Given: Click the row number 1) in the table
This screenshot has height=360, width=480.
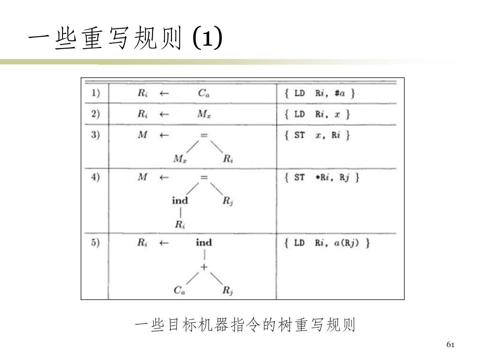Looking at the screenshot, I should [96, 93].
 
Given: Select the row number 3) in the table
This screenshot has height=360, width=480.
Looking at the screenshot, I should [96, 135].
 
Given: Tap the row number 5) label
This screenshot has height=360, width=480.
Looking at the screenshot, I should [96, 242].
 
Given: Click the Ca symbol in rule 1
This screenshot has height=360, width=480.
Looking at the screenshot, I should [204, 93].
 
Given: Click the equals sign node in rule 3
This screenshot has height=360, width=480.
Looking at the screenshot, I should [204, 135].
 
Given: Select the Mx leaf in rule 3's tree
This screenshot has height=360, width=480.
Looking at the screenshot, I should [180, 159].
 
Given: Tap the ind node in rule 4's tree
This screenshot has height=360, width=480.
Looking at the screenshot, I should [180, 201].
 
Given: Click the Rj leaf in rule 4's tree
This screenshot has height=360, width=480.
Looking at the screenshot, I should [228, 201].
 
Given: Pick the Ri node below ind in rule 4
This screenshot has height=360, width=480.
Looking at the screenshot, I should [180, 225].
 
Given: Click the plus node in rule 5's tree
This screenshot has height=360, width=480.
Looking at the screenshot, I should [204, 267].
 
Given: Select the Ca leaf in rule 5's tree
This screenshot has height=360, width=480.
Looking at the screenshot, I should [180, 291].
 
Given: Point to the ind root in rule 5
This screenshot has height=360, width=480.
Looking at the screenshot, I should [204, 242].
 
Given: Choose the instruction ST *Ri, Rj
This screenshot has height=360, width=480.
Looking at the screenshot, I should [322, 177].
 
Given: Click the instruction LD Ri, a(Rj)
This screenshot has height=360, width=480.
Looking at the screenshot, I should [327, 243].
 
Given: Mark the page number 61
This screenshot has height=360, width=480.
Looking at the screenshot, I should [450, 345].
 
